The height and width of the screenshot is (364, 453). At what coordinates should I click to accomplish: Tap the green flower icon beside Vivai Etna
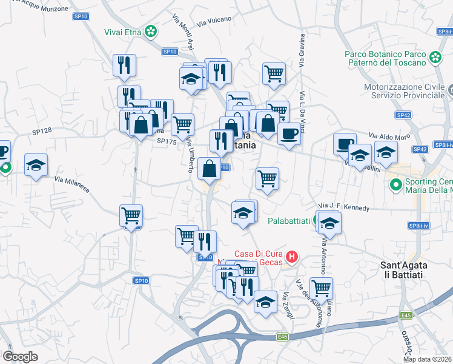click(x=154, y=29)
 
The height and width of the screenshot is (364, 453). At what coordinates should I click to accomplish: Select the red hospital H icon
click(x=292, y=257)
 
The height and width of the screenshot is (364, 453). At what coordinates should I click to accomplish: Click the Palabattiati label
click(x=285, y=220)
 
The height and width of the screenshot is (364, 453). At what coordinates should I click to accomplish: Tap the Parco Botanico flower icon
click(x=435, y=57)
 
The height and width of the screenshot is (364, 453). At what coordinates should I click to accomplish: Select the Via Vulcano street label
click(x=214, y=21)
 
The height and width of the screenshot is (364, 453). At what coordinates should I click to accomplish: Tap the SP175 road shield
click(x=166, y=141)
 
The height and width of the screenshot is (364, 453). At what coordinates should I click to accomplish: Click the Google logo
click(x=20, y=357)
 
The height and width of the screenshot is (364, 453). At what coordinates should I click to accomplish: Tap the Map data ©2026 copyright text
click(x=428, y=359)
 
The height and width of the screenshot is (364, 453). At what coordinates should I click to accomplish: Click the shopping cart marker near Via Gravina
click(x=274, y=74)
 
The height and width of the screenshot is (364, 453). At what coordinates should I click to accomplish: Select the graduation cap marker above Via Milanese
click(x=36, y=165)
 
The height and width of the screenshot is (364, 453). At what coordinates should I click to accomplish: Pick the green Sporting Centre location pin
click(x=396, y=184)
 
